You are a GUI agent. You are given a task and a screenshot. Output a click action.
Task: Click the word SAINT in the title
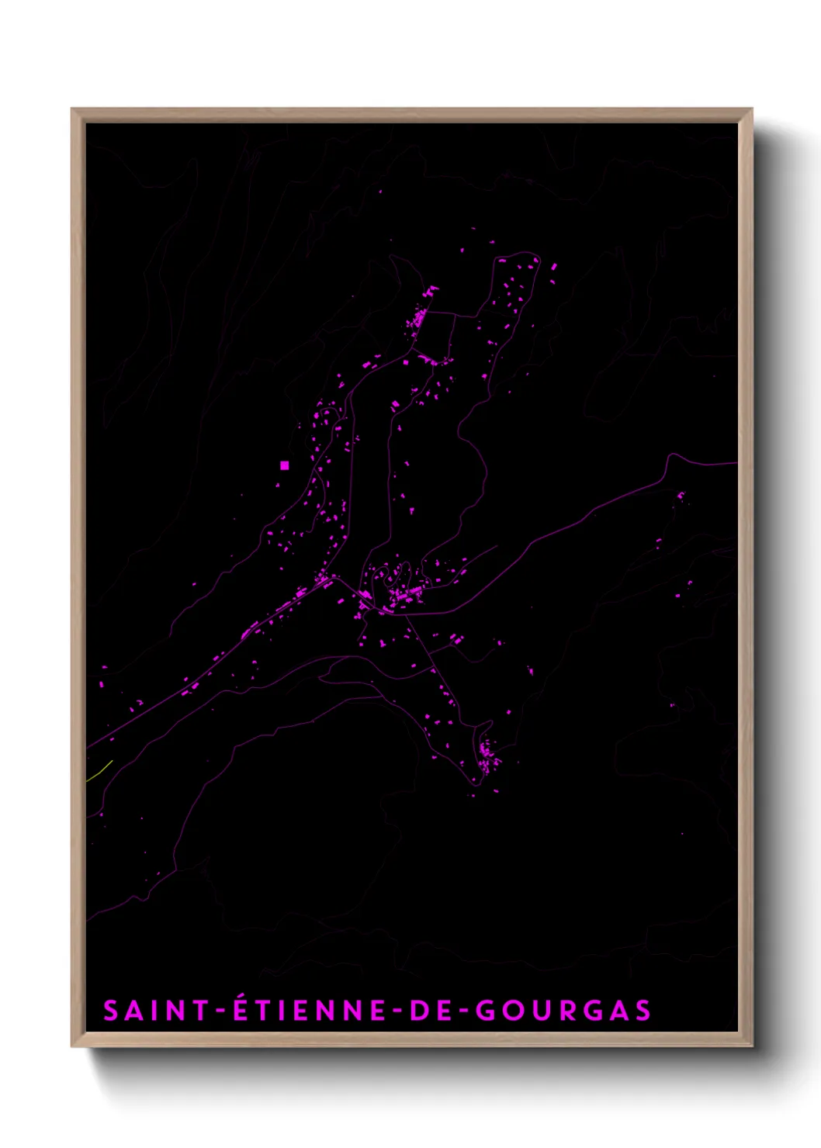pyautogui.click(x=156, y=1011)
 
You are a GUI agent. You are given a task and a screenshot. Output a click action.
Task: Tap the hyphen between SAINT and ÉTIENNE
pyautogui.click(x=220, y=1011)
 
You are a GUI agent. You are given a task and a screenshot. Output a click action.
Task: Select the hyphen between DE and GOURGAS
pyautogui.click(x=463, y=1011)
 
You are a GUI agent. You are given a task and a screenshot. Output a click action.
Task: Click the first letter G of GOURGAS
pyautogui.click(x=485, y=1011)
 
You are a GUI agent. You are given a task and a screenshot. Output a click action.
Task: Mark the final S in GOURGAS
pyautogui.click(x=643, y=1011)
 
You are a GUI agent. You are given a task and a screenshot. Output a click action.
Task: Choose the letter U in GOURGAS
pyautogui.click(x=538, y=1011)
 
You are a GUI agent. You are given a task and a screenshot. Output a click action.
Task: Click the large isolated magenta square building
pyautogui.click(x=285, y=465)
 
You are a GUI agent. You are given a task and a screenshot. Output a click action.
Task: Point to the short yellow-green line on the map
pyautogui.click(x=100, y=770)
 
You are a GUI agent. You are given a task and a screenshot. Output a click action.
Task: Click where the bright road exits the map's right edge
pyautogui.click(x=735, y=464)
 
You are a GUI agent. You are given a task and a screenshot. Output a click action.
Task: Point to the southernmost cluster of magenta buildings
pyautogui.click(x=487, y=756)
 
